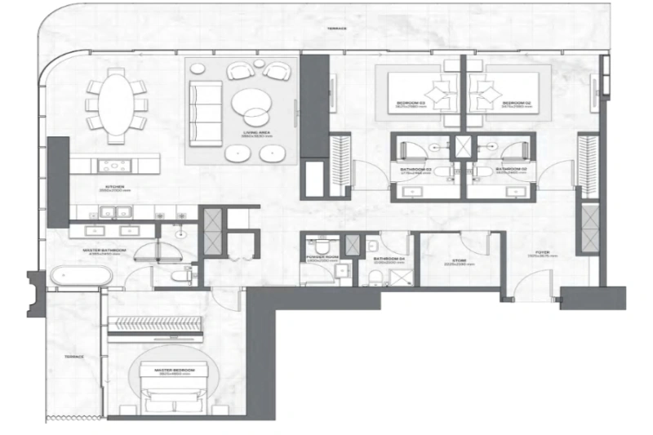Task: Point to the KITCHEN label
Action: [114, 188]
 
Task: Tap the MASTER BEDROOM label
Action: [176, 371]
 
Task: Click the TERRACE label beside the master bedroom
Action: [74, 357]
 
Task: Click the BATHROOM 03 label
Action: [416, 171]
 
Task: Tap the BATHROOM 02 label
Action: [510, 171]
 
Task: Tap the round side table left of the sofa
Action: [198, 70]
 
